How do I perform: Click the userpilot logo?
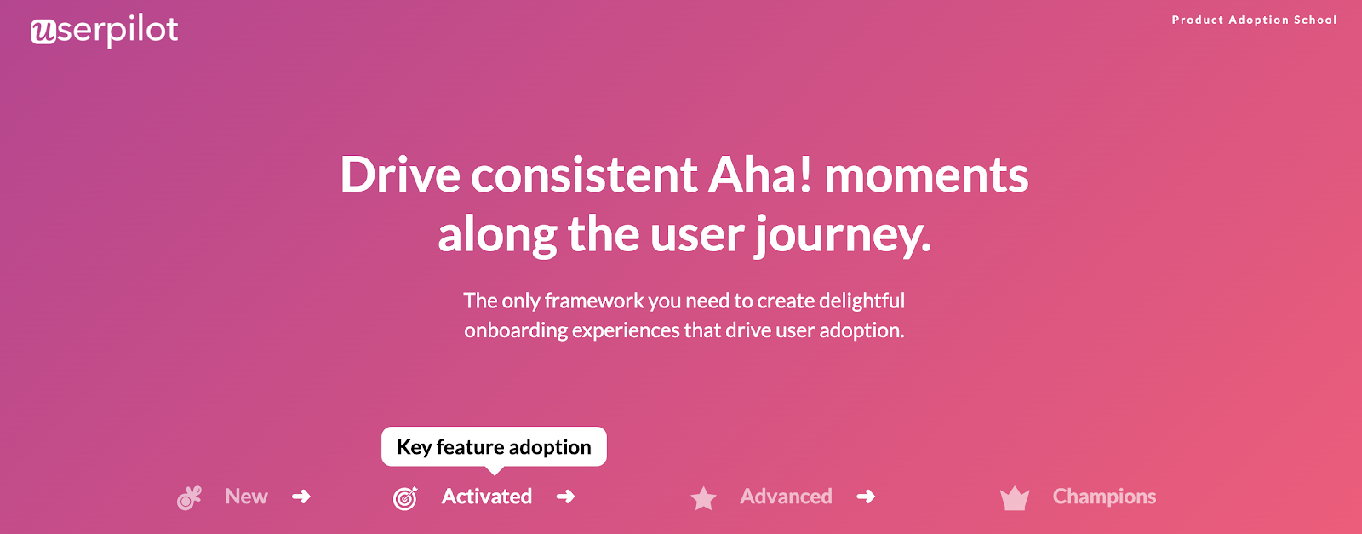(104, 31)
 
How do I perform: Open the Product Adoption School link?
(1254, 20)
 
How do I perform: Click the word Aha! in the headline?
(760, 175)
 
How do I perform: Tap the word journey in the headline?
(842, 235)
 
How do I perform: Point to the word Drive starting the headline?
(400, 175)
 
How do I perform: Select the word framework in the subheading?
(594, 301)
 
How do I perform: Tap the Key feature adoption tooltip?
(494, 447)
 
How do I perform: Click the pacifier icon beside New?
(189, 497)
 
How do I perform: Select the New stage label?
(246, 497)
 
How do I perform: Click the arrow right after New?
(301, 497)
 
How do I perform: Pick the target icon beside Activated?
(405, 498)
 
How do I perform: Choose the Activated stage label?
(486, 497)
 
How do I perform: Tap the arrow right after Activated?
(565, 497)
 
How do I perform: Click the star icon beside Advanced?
(703, 498)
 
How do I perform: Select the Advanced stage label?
(786, 497)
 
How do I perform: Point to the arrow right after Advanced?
(866, 497)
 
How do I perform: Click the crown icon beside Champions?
(1015, 499)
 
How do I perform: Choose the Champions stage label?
(1104, 497)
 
